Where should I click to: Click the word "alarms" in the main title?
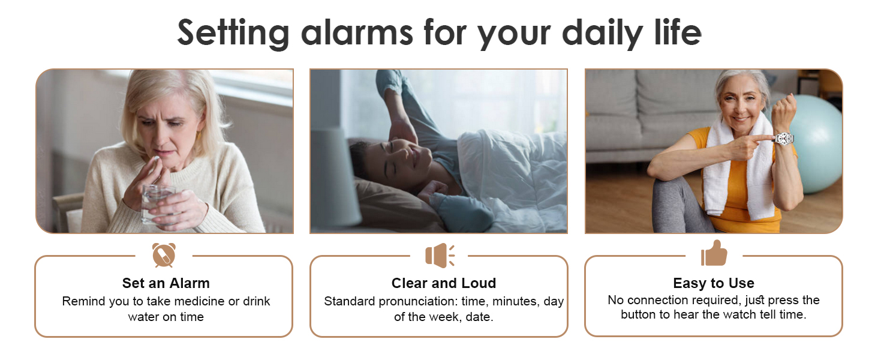click(x=357, y=32)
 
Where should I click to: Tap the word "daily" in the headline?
click(x=603, y=35)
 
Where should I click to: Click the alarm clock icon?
click(x=164, y=255)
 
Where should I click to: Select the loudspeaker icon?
click(x=440, y=255)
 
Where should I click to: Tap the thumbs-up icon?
click(x=714, y=253)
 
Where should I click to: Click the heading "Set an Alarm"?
click(x=166, y=283)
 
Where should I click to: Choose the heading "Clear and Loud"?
click(x=444, y=283)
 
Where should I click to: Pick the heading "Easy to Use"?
click(x=714, y=283)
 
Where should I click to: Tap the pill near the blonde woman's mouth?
click(x=155, y=159)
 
